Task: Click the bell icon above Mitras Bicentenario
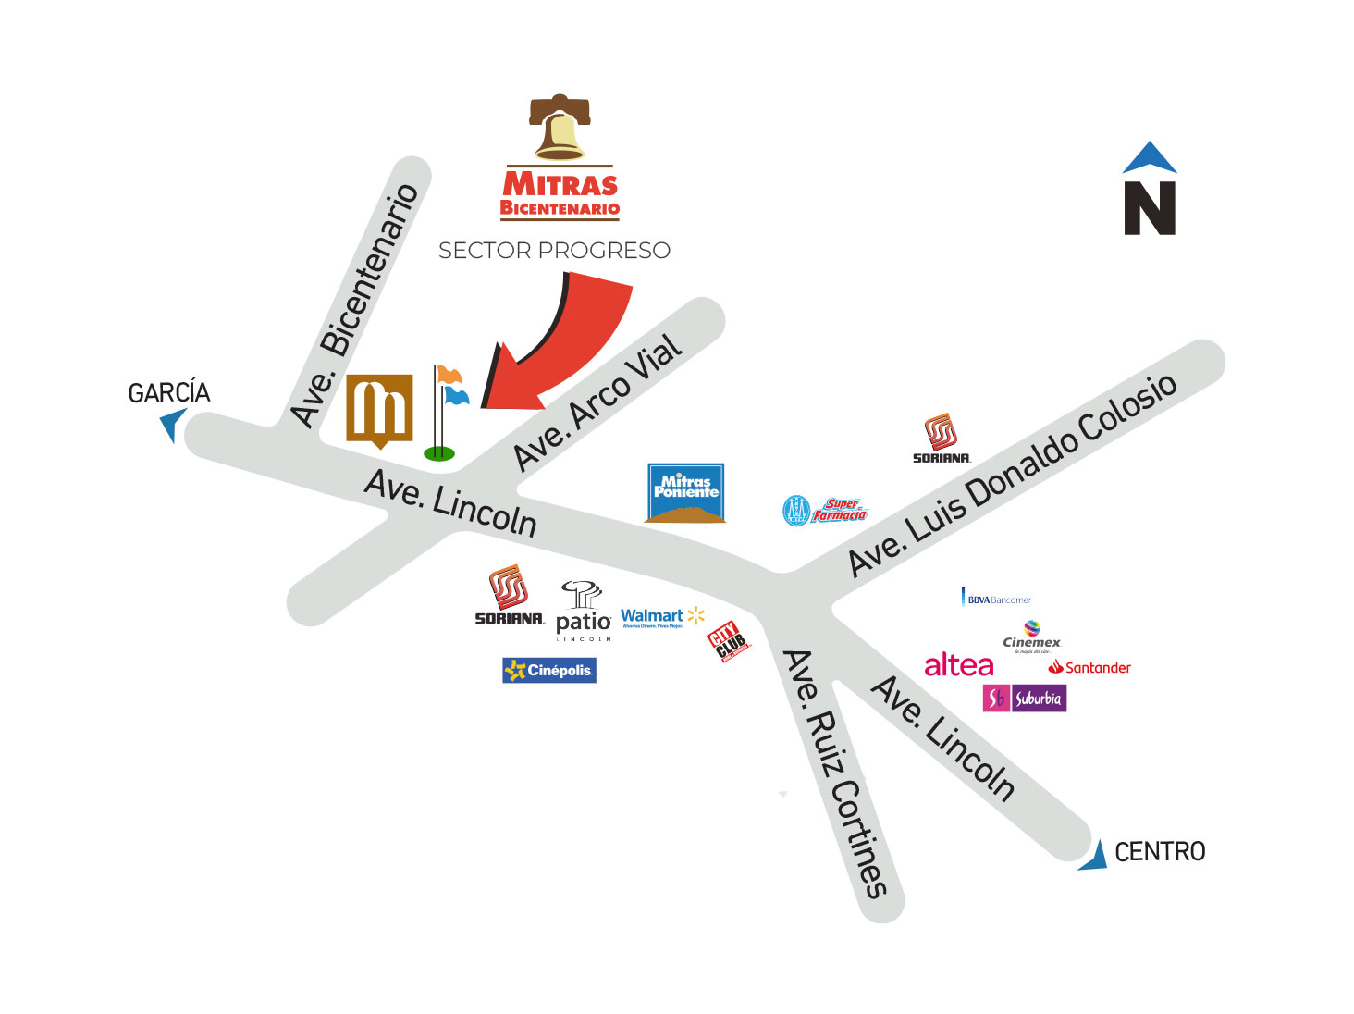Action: (560, 128)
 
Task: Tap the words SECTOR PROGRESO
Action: (554, 251)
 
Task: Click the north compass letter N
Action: (1150, 208)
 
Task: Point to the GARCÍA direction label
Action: (168, 393)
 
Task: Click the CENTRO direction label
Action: (1160, 851)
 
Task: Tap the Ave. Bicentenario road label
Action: (355, 304)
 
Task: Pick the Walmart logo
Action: (662, 617)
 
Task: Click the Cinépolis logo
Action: (549, 670)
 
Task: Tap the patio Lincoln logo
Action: (583, 612)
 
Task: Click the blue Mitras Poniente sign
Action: (685, 493)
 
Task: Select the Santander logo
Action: (1089, 667)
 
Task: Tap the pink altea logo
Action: (958, 665)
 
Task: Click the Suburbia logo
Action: (1024, 699)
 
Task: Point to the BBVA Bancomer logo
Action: (997, 599)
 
